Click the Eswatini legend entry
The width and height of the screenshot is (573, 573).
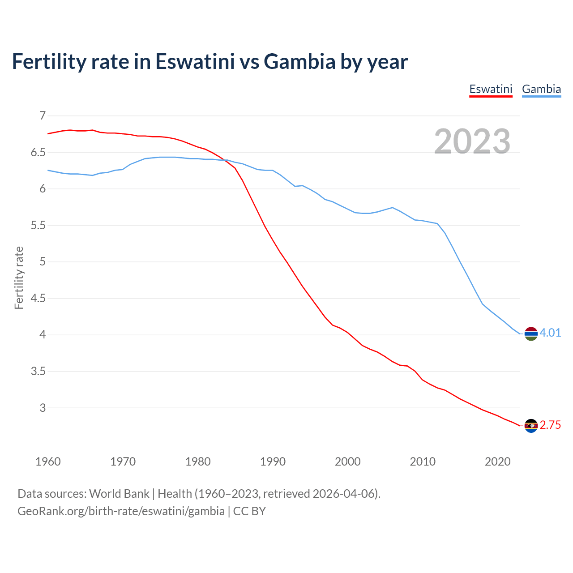[x=491, y=89]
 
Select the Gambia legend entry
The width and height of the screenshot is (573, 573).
[x=541, y=89]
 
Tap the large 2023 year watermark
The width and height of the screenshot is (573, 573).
[x=472, y=141]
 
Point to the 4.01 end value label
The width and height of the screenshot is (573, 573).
[x=550, y=333]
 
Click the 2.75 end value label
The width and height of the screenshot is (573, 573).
[x=550, y=425]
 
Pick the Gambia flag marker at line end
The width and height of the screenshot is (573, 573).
[x=531, y=334]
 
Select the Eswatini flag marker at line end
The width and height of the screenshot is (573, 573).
[x=531, y=426]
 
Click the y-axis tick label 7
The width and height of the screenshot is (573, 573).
[x=43, y=116]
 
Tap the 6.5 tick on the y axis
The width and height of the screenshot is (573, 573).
[x=38, y=153]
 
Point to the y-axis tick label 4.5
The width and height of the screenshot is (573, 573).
[x=38, y=298]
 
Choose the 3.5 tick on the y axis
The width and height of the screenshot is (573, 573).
[x=38, y=371]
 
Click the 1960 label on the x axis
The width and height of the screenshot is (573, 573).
[x=48, y=462]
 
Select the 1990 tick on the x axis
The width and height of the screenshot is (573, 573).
[x=273, y=462]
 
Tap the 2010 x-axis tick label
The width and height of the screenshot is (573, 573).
[x=423, y=462]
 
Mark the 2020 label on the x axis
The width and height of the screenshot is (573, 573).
[x=497, y=462]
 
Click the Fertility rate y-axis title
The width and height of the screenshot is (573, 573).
[x=19, y=278]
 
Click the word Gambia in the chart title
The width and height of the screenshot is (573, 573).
[x=299, y=61]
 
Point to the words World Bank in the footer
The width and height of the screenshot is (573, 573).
[x=119, y=494]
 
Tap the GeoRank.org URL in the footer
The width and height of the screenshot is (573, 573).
[x=121, y=511]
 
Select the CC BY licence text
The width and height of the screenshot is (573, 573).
[x=249, y=511]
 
